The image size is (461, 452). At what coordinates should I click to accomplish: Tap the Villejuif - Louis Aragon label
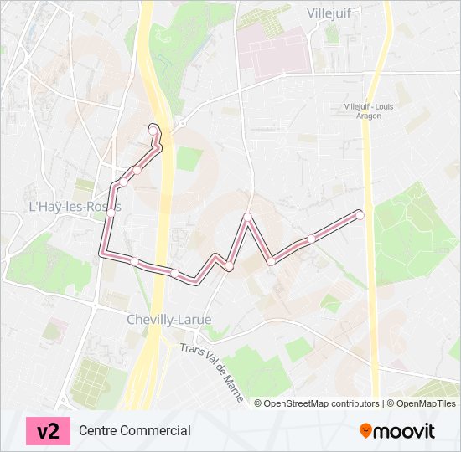(368, 110)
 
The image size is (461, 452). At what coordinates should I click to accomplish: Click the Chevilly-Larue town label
(168, 319)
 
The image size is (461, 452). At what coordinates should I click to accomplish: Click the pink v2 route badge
(49, 431)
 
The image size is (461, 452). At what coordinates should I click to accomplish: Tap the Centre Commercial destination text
(135, 431)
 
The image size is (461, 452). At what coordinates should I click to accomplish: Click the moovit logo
(397, 431)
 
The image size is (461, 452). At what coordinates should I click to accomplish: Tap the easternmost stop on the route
(360, 214)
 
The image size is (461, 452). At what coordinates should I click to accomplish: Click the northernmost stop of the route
(153, 128)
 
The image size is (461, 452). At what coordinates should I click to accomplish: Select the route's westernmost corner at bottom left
(103, 253)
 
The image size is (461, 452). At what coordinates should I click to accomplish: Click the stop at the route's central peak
(248, 218)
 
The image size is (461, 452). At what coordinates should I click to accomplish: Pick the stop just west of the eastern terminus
(311, 239)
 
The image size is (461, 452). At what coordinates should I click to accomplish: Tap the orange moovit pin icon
(365, 430)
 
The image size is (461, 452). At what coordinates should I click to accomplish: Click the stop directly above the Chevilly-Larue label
(174, 272)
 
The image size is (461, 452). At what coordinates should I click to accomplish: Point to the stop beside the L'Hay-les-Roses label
(111, 213)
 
